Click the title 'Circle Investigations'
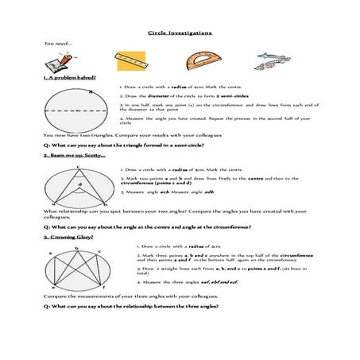tap(180, 33)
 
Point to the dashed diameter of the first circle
tap(76, 110)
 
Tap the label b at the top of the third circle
tap(77, 249)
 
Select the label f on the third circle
tap(104, 287)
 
